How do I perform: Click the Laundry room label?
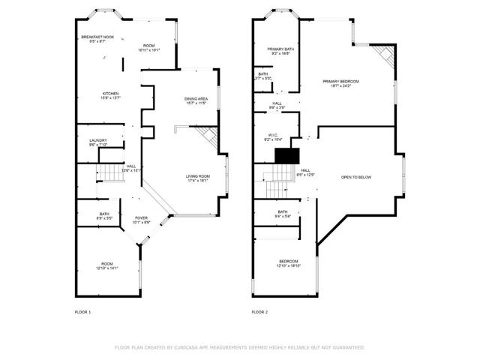(x=97, y=142)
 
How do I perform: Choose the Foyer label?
(x=141, y=220)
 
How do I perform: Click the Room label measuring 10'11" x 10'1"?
(x=149, y=48)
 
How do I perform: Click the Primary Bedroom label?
(x=340, y=83)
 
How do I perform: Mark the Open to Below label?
(x=356, y=178)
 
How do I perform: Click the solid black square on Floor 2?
(x=287, y=154)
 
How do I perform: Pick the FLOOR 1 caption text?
(x=82, y=311)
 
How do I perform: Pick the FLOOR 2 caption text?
(x=259, y=311)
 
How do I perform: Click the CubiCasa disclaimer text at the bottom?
(x=239, y=347)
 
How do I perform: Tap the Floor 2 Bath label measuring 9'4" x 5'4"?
(x=282, y=214)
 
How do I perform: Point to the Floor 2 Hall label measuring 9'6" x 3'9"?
(x=277, y=106)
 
